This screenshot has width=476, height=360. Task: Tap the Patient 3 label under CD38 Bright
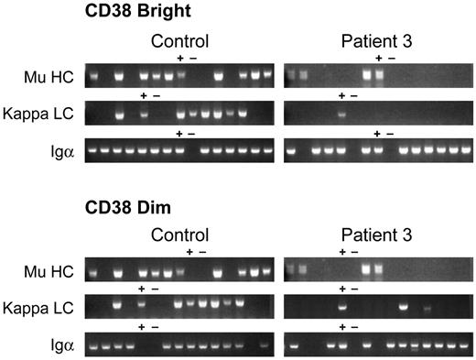click(377, 41)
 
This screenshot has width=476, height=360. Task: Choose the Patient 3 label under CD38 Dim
click(377, 234)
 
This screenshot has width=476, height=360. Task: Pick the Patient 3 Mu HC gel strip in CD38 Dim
click(377, 269)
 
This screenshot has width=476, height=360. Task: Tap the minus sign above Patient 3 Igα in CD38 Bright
click(389, 134)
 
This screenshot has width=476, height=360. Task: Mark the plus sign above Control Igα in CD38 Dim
click(142, 327)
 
